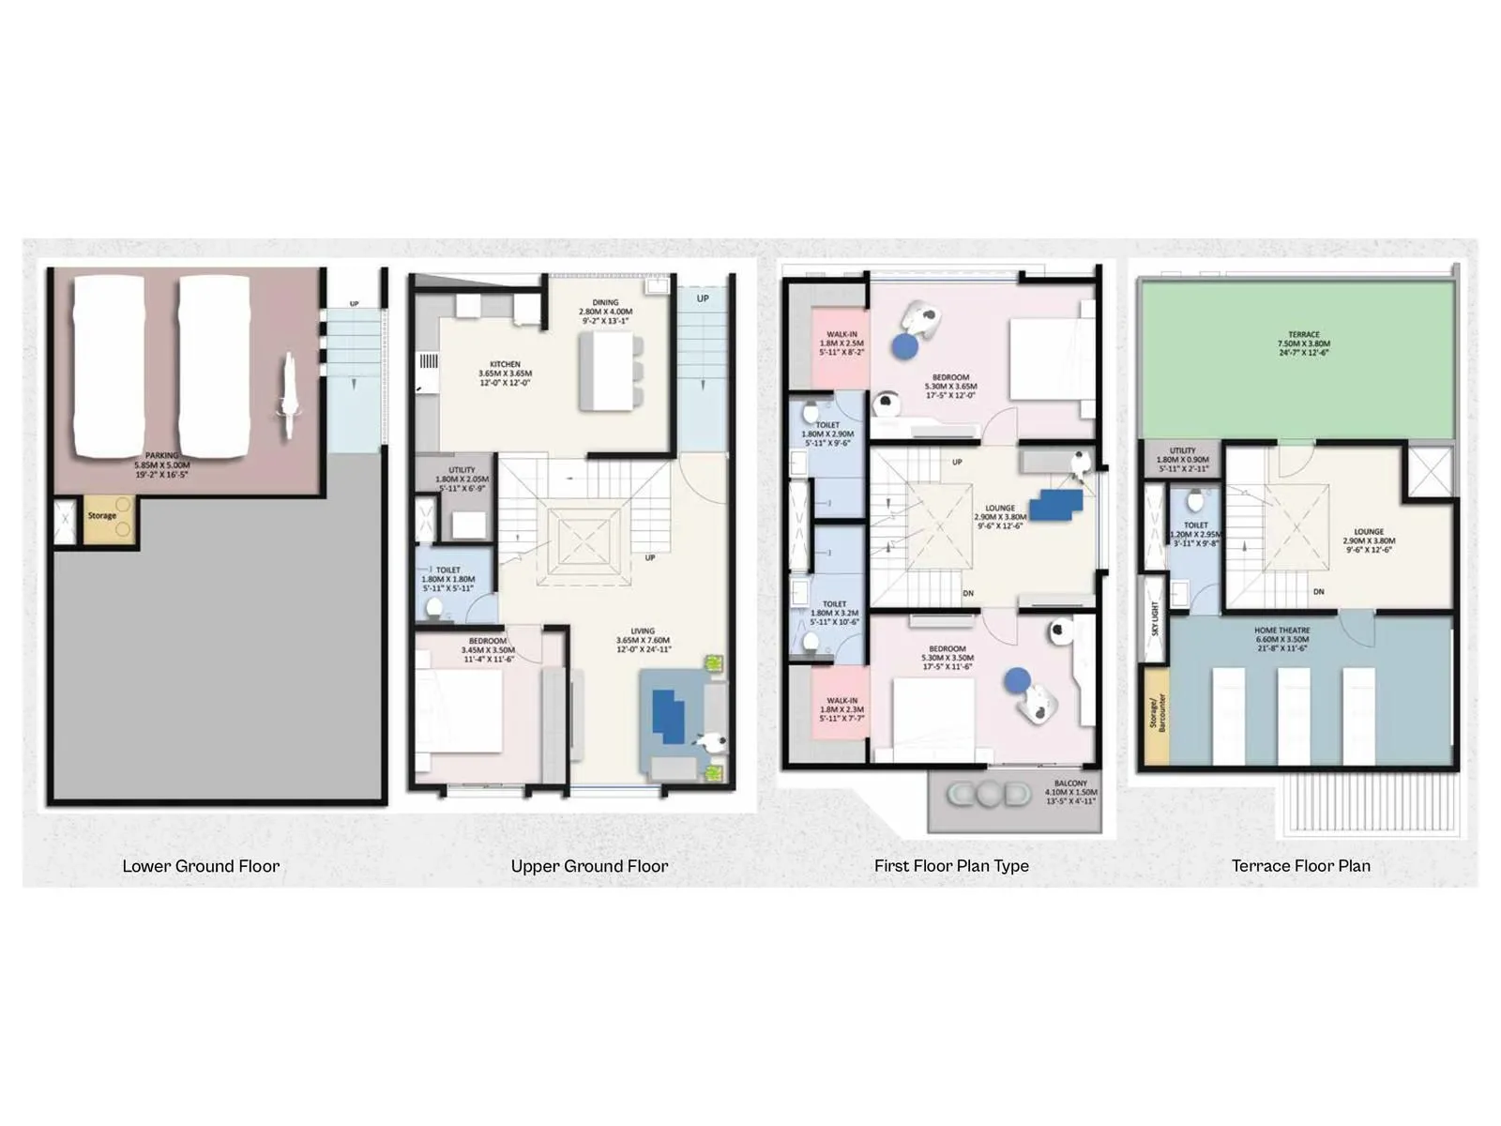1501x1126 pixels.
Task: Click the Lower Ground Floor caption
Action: pos(201,866)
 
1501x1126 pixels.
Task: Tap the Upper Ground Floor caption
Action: pos(589,866)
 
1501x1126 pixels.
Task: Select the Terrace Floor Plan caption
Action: pos(1300,866)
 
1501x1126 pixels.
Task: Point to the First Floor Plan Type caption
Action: pos(951,866)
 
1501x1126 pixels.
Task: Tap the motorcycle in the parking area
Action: pos(287,398)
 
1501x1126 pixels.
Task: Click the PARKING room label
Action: pos(161,456)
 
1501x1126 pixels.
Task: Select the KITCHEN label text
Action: pos(505,364)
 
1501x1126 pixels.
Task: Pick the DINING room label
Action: pos(605,303)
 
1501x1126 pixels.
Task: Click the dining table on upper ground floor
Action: pos(607,371)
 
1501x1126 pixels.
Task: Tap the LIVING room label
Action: pos(643,631)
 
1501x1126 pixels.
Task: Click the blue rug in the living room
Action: pos(667,717)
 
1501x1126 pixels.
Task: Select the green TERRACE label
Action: pos(1303,335)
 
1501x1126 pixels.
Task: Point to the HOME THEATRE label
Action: pos(1281,631)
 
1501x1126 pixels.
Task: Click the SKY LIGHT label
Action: pos(1154,617)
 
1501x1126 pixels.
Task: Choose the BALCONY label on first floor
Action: pos(1070,783)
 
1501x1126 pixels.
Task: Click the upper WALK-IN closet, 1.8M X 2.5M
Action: pos(841,342)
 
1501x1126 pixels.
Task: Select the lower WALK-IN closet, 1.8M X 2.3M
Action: pos(841,708)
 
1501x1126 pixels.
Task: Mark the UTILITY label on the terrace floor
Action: pos(1182,451)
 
